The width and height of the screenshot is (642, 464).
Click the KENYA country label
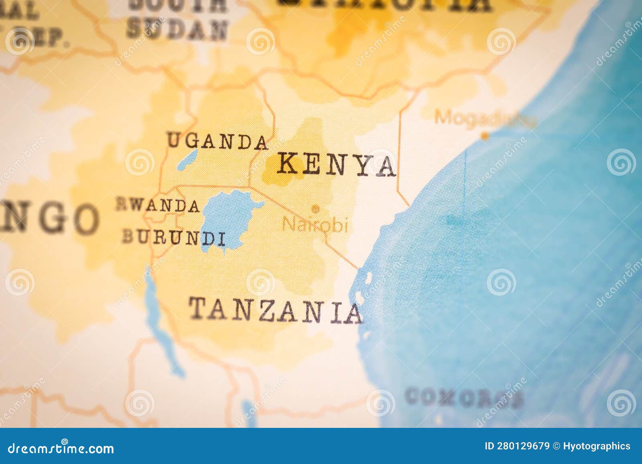[336, 165]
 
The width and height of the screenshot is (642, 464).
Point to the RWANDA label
[158, 205]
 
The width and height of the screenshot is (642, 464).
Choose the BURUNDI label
[173, 238]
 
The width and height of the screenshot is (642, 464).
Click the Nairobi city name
[315, 225]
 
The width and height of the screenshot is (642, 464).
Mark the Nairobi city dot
[315, 209]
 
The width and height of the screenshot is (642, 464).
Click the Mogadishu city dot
[485, 136]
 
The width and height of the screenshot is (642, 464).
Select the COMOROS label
[464, 398]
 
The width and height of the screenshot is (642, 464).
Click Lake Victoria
[225, 219]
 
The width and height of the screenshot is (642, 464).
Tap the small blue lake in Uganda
[187, 160]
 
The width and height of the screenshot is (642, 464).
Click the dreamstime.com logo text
[61, 448]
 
